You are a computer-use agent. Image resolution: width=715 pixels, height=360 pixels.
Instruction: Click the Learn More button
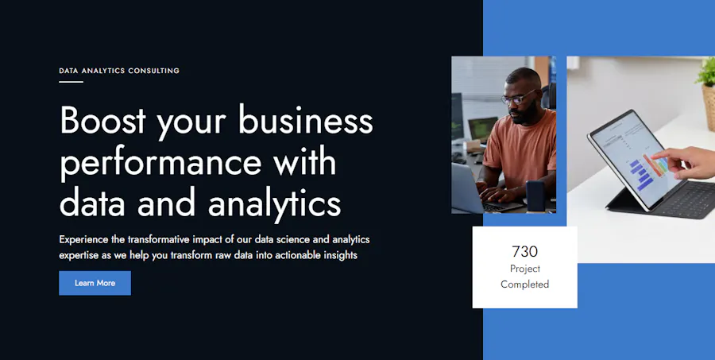pyautogui.click(x=95, y=283)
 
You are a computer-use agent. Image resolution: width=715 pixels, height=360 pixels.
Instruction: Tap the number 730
pyautogui.click(x=524, y=251)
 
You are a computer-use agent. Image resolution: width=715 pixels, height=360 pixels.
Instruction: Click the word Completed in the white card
pyautogui.click(x=524, y=285)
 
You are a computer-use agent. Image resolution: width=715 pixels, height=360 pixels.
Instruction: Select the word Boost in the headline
pyautogui.click(x=102, y=121)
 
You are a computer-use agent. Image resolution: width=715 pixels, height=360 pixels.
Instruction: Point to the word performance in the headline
pyautogui.click(x=160, y=163)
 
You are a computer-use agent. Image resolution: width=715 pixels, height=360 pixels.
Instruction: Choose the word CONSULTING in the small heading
pyautogui.click(x=153, y=71)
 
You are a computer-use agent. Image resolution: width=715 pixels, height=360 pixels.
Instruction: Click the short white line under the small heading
pyautogui.click(x=71, y=82)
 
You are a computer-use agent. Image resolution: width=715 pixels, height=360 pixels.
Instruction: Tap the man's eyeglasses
pyautogui.click(x=517, y=98)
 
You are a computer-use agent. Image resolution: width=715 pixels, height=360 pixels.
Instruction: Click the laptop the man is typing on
pyautogui.click(x=479, y=192)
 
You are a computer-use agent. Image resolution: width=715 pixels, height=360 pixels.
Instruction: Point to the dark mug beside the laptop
pyautogui.click(x=535, y=195)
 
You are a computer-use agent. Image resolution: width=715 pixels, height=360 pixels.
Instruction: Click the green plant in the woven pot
pyautogui.click(x=707, y=72)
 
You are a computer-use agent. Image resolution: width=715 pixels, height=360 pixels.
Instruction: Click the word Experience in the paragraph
pyautogui.click(x=84, y=240)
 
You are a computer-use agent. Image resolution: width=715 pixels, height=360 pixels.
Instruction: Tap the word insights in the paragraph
pyautogui.click(x=340, y=255)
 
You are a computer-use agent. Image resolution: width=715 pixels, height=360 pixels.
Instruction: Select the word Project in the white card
pyautogui.click(x=525, y=269)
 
